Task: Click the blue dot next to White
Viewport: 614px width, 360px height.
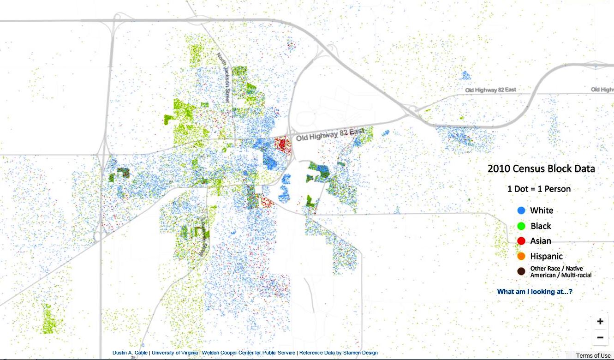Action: coord(521,210)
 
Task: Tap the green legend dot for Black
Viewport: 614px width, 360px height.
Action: coord(521,226)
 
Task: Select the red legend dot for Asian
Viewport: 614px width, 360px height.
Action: coord(521,241)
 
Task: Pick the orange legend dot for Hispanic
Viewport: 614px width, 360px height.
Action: coord(521,256)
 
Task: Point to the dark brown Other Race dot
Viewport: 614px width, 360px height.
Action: coord(521,271)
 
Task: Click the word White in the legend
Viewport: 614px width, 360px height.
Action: coord(542,210)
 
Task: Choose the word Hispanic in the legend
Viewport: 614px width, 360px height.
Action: coord(546,256)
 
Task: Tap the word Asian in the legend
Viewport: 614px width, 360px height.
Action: coord(541,241)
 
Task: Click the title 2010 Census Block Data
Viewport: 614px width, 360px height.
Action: coord(541,169)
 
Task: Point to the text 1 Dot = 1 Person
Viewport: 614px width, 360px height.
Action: coord(539,189)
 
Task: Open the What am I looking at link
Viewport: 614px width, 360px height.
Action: coord(535,292)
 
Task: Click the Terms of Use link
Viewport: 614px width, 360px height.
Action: coord(593,355)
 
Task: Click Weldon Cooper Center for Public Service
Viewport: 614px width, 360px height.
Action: coord(248,353)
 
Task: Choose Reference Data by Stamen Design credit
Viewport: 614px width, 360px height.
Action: coord(339,353)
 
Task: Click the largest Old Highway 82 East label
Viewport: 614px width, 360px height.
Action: coord(330,135)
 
